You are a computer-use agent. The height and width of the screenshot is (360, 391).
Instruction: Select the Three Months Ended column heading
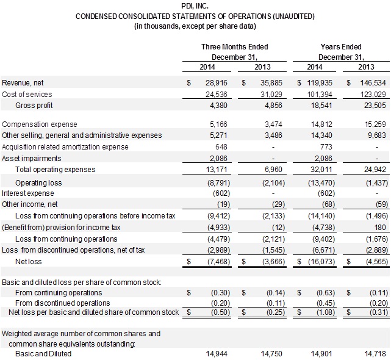tap(235, 47)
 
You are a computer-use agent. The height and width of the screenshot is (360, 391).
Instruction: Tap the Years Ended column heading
tap(341, 47)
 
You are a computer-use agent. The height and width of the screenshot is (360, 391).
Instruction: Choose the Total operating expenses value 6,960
tap(259, 168)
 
